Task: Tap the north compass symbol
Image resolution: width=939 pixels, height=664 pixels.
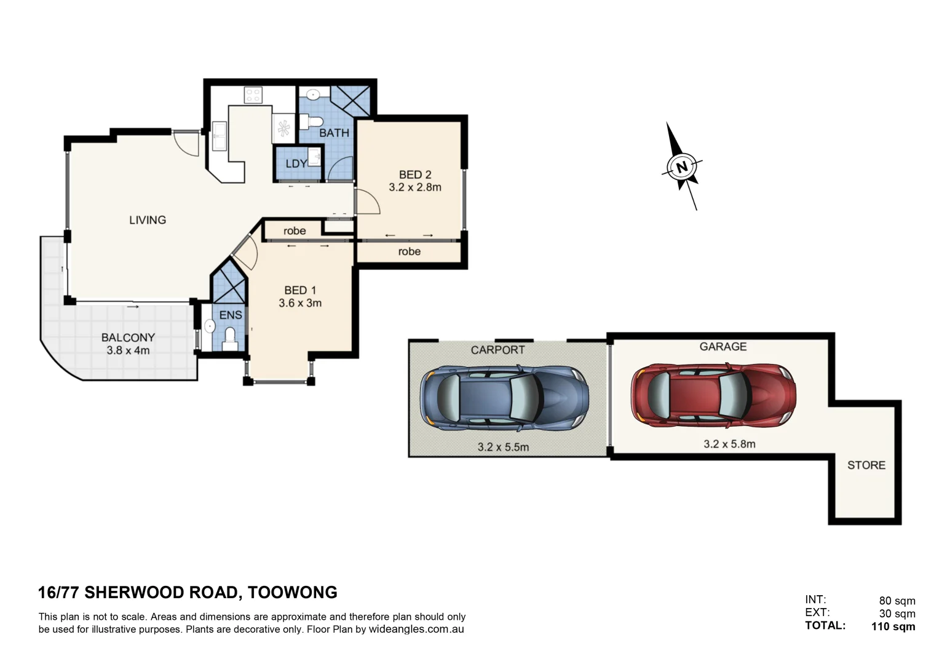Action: pyautogui.click(x=682, y=167)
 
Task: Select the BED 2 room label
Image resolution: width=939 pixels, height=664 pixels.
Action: pyautogui.click(x=415, y=175)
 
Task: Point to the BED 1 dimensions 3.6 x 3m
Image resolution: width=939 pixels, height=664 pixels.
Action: pyautogui.click(x=300, y=303)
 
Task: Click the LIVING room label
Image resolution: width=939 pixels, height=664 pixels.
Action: pyautogui.click(x=148, y=220)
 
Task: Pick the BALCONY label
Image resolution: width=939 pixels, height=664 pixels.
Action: pyautogui.click(x=128, y=338)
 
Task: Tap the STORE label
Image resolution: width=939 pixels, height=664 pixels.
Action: pyautogui.click(x=866, y=465)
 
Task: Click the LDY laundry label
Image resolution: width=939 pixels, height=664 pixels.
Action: pyautogui.click(x=296, y=164)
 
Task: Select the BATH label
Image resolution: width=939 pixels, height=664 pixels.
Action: pyautogui.click(x=334, y=133)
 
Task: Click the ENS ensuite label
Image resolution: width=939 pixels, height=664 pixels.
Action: pyautogui.click(x=231, y=315)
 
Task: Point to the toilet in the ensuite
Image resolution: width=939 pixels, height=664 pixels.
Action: pyautogui.click(x=230, y=338)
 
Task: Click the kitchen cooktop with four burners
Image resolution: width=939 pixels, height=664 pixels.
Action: pyautogui.click(x=253, y=95)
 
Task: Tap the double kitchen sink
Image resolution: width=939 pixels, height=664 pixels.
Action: pyautogui.click(x=219, y=135)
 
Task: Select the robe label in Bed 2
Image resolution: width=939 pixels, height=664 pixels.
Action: pyautogui.click(x=409, y=251)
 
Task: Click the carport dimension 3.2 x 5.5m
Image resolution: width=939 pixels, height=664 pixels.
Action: pyautogui.click(x=503, y=447)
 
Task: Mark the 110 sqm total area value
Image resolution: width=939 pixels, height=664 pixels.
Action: pyautogui.click(x=893, y=626)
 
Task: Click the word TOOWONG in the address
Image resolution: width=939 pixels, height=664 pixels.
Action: pyautogui.click(x=293, y=593)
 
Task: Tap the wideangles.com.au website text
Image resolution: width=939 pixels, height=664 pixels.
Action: pyautogui.click(x=416, y=630)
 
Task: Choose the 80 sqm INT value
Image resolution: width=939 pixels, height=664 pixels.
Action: pyautogui.click(x=897, y=601)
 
